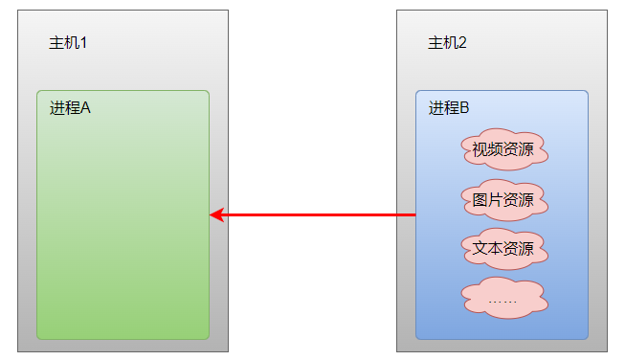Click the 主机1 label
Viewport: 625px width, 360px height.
[x=69, y=43]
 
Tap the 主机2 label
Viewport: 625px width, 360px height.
[x=448, y=43]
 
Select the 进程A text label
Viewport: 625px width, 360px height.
[x=70, y=108]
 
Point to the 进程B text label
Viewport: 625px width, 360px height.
[x=449, y=108]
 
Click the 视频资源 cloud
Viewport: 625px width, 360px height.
[x=502, y=149]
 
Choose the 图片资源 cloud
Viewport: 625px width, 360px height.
[x=502, y=200]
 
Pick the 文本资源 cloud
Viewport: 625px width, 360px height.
[x=502, y=250]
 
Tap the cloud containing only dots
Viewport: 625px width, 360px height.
[x=502, y=299]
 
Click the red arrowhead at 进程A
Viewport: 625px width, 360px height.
[x=216, y=214]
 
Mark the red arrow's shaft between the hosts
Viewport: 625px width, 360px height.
[x=316, y=214]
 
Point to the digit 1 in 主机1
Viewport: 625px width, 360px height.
[x=84, y=43]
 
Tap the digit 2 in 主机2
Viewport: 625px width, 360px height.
[x=463, y=43]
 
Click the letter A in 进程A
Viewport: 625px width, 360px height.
[x=85, y=108]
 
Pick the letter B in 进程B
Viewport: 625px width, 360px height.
[x=464, y=108]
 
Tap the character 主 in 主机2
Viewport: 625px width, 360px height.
[x=435, y=43]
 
